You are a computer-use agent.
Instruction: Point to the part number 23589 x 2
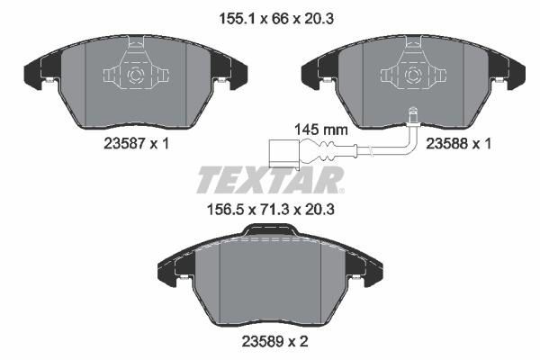[x=271, y=341]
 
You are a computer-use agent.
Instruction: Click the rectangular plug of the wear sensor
[x=282, y=151]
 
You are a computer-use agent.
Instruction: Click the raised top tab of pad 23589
[x=270, y=232]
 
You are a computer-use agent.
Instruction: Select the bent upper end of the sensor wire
[x=412, y=115]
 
